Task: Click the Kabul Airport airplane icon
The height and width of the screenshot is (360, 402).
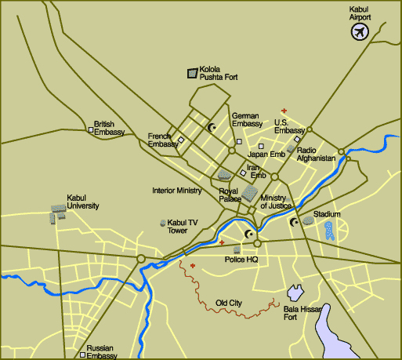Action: coord(360,32)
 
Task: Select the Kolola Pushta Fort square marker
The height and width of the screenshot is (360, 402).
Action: coord(191,74)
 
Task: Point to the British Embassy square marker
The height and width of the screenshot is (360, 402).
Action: coord(88,129)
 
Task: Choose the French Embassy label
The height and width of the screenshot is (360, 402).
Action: coord(164,140)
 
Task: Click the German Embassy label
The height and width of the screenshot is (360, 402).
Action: coord(247,120)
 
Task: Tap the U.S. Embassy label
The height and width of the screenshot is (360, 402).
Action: coord(289,126)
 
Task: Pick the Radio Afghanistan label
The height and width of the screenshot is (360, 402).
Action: coord(317,154)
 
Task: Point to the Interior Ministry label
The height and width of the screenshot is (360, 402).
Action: coord(177,191)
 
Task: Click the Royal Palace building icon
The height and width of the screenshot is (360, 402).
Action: coord(249,193)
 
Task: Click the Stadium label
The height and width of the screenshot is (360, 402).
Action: coord(327,214)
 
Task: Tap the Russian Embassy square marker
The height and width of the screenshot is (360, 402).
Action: coord(82,355)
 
